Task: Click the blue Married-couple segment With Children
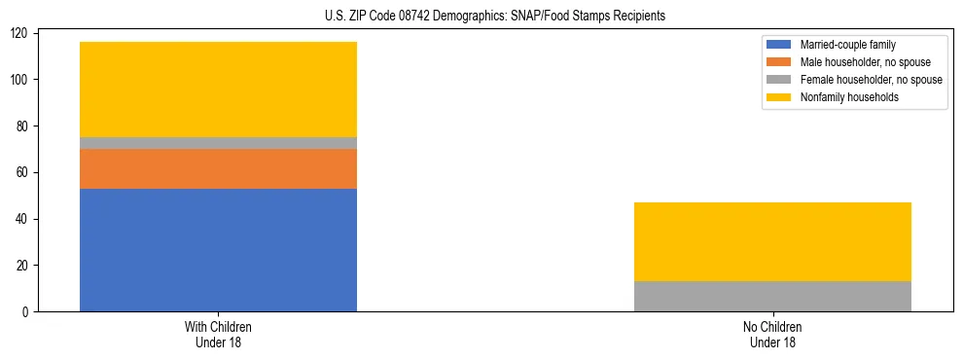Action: tap(218, 250)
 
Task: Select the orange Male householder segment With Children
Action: tap(218, 168)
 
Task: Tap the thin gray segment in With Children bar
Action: tap(218, 143)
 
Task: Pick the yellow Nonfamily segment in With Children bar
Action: tap(218, 90)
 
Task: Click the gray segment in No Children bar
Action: tap(772, 297)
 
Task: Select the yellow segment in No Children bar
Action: tap(772, 242)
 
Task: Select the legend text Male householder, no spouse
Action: tap(864, 62)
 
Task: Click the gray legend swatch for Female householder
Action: tap(779, 80)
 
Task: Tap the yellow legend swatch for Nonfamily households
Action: tap(779, 97)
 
